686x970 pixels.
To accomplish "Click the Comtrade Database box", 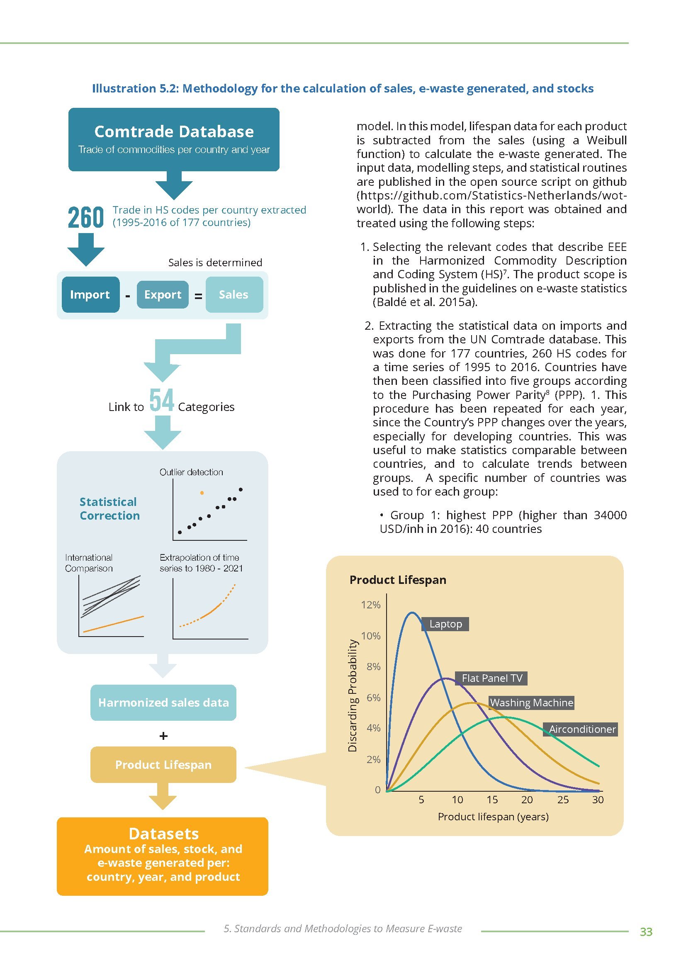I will [x=174, y=139].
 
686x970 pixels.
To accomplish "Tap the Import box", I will [x=90, y=294].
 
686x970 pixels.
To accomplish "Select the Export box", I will [x=163, y=294].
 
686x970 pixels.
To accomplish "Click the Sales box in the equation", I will [x=234, y=294].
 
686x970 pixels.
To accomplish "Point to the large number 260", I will [x=86, y=217].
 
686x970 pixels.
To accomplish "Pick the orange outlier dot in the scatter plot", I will [x=202, y=493].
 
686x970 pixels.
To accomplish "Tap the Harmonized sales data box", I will [x=163, y=702].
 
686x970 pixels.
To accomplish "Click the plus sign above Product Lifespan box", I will [x=163, y=736].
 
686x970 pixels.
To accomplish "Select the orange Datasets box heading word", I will [x=163, y=834].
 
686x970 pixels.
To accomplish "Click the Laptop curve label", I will [x=445, y=624].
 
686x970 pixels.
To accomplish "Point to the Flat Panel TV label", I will [x=492, y=678].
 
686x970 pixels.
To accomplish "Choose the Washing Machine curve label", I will [x=531, y=702].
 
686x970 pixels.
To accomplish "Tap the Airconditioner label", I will [x=581, y=729].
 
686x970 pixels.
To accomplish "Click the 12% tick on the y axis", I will [x=370, y=605].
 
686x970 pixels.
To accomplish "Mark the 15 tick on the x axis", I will [x=492, y=800].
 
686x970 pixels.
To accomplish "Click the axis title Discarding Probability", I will [x=352, y=695].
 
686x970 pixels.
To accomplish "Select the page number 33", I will [x=646, y=931].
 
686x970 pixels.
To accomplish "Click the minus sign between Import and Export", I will [x=128, y=296].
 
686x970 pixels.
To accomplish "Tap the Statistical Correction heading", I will [x=109, y=508].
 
